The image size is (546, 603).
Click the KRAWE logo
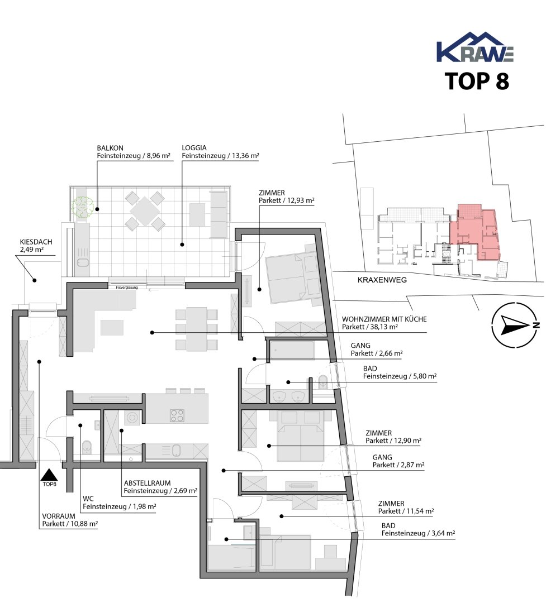[475, 47]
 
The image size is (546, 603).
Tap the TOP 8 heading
[477, 81]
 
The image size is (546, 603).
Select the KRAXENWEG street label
[382, 280]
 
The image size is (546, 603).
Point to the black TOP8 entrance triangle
[49, 475]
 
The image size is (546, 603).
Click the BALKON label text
[110, 148]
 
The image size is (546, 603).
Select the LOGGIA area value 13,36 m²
[246, 156]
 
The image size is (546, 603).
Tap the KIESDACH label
[36, 242]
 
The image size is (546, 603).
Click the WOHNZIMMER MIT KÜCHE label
[384, 319]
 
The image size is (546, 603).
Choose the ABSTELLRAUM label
[147, 483]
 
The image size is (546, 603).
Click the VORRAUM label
[59, 516]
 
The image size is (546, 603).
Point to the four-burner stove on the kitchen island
[177, 415]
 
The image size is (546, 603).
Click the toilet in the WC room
[87, 447]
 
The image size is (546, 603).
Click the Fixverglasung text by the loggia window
[127, 288]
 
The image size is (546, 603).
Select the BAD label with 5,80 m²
[370, 368]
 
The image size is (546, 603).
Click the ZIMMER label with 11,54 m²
[391, 504]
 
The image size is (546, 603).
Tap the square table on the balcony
[144, 210]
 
